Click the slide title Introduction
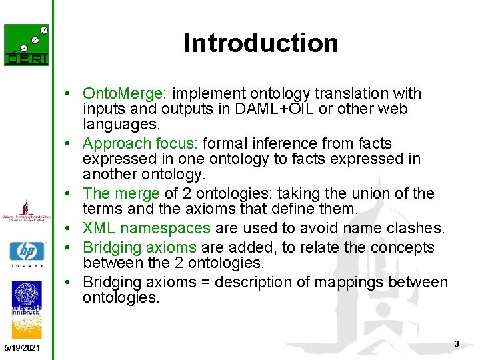tap(261, 43)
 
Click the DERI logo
tap(27, 45)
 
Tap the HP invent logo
tap(27, 254)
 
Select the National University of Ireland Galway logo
tap(27, 211)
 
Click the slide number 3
tap(456, 343)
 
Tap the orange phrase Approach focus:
tap(140, 143)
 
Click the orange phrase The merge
tap(121, 193)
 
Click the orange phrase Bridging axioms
tap(139, 247)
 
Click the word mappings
tap(351, 283)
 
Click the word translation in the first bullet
tap(355, 93)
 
